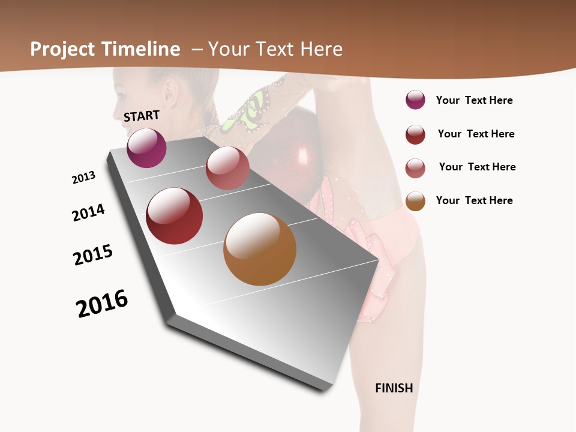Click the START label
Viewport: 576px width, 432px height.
(142, 116)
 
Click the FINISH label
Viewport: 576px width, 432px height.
(394, 388)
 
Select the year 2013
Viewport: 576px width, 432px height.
(83, 178)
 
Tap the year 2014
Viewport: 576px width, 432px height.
(88, 212)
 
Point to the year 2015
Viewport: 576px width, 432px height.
(93, 255)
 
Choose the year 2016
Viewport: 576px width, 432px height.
(102, 304)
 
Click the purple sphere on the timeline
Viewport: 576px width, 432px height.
(146, 148)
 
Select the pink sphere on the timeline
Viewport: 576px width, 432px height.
(227, 168)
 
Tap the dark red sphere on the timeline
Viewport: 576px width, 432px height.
(175, 216)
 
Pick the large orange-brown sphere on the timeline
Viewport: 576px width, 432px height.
(260, 249)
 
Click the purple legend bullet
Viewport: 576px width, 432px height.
(415, 100)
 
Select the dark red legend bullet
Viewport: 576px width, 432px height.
(415, 134)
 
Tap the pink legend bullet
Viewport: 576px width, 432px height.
(415, 168)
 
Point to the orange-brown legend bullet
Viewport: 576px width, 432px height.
(415, 201)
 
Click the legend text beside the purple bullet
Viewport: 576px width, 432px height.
(474, 100)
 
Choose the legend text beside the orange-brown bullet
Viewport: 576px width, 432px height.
(474, 200)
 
